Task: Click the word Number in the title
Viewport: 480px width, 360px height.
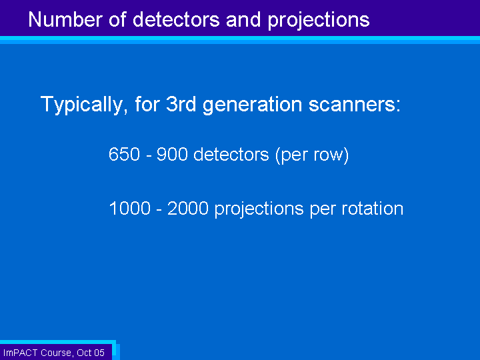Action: tap(65, 19)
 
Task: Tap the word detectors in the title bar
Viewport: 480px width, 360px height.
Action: tap(176, 19)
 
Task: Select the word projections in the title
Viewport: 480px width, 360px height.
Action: tap(319, 21)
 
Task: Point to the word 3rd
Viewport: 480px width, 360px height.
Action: tap(181, 104)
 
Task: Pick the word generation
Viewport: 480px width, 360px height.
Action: tap(253, 105)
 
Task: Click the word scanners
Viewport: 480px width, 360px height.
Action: tap(355, 105)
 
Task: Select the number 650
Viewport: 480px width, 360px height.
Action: tap(124, 154)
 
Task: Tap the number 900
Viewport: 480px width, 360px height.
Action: tap(172, 154)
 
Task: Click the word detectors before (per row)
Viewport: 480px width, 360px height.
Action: tap(231, 154)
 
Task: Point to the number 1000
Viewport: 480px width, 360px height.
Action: tap(130, 209)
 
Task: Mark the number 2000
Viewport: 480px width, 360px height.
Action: tap(188, 209)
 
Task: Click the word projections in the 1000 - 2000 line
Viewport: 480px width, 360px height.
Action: tap(259, 210)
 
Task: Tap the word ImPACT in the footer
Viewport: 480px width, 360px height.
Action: tap(21, 353)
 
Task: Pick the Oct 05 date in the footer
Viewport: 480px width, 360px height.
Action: tap(91, 353)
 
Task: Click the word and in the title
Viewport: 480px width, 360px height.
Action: tap(244, 19)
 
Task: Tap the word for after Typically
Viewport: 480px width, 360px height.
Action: tap(147, 104)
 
